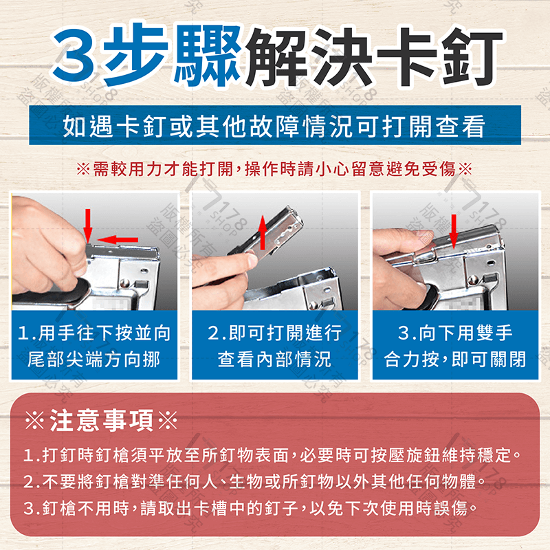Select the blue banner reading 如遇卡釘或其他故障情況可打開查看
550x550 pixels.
click(274, 127)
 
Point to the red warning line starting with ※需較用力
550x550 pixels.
click(274, 169)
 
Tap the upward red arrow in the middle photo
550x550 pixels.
click(262, 232)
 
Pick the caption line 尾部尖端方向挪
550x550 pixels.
click(94, 359)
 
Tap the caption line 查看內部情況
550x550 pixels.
click(274, 359)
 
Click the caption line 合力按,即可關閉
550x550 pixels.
click(454, 359)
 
